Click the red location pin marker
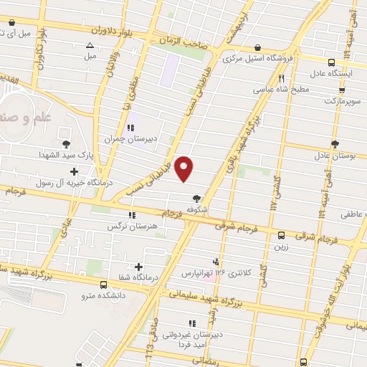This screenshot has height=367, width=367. tap(185, 168)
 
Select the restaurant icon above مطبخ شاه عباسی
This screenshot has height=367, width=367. tap(282, 79)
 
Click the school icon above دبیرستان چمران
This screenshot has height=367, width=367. tap(130, 128)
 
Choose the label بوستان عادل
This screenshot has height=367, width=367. tap(330, 155)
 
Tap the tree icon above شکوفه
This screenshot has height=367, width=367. tap(196, 199)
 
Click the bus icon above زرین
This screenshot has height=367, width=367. tap(281, 234)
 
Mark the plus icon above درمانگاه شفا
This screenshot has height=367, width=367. tap(138, 267)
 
